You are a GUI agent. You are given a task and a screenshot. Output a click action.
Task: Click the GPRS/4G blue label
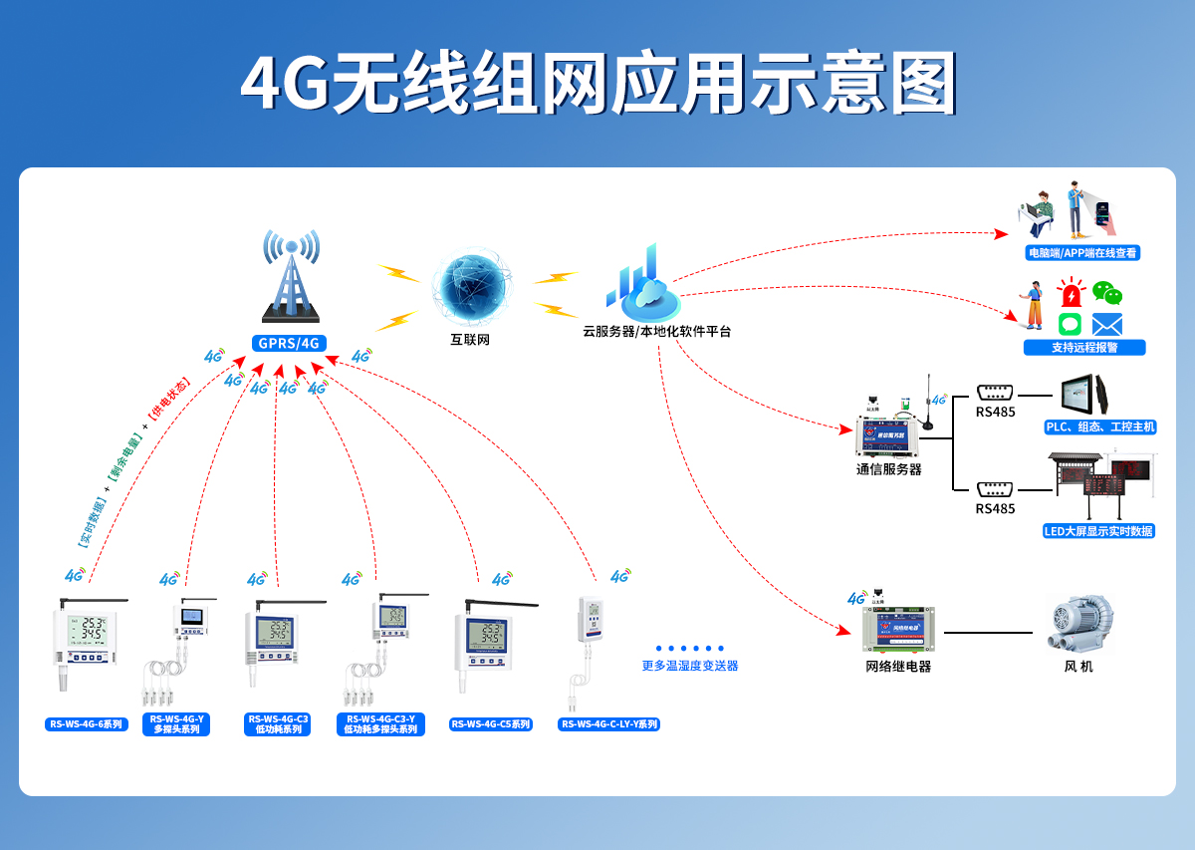tap(289, 344)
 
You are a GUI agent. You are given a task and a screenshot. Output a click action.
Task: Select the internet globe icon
tap(471, 289)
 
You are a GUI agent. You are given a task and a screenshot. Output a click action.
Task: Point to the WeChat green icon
tap(1107, 293)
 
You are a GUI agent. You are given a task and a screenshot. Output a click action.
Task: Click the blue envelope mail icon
tap(1107, 324)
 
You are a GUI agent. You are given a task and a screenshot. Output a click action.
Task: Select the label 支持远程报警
tap(1084, 348)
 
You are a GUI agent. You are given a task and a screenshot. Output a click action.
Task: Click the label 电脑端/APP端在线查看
tap(1082, 253)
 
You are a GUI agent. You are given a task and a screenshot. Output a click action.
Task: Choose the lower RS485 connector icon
tap(995, 488)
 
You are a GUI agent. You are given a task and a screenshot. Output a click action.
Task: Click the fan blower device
tap(1079, 624)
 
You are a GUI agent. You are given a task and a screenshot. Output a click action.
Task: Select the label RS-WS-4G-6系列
tap(87, 724)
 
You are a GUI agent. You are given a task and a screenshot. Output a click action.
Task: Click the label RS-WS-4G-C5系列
tap(491, 724)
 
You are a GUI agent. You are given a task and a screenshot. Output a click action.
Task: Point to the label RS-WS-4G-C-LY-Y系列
tap(608, 724)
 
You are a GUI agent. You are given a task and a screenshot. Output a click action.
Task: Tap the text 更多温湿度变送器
tap(690, 666)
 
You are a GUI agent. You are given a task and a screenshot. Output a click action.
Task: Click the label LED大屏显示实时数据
tap(1098, 531)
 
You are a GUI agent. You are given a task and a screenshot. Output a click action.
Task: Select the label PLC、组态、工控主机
tap(1099, 426)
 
